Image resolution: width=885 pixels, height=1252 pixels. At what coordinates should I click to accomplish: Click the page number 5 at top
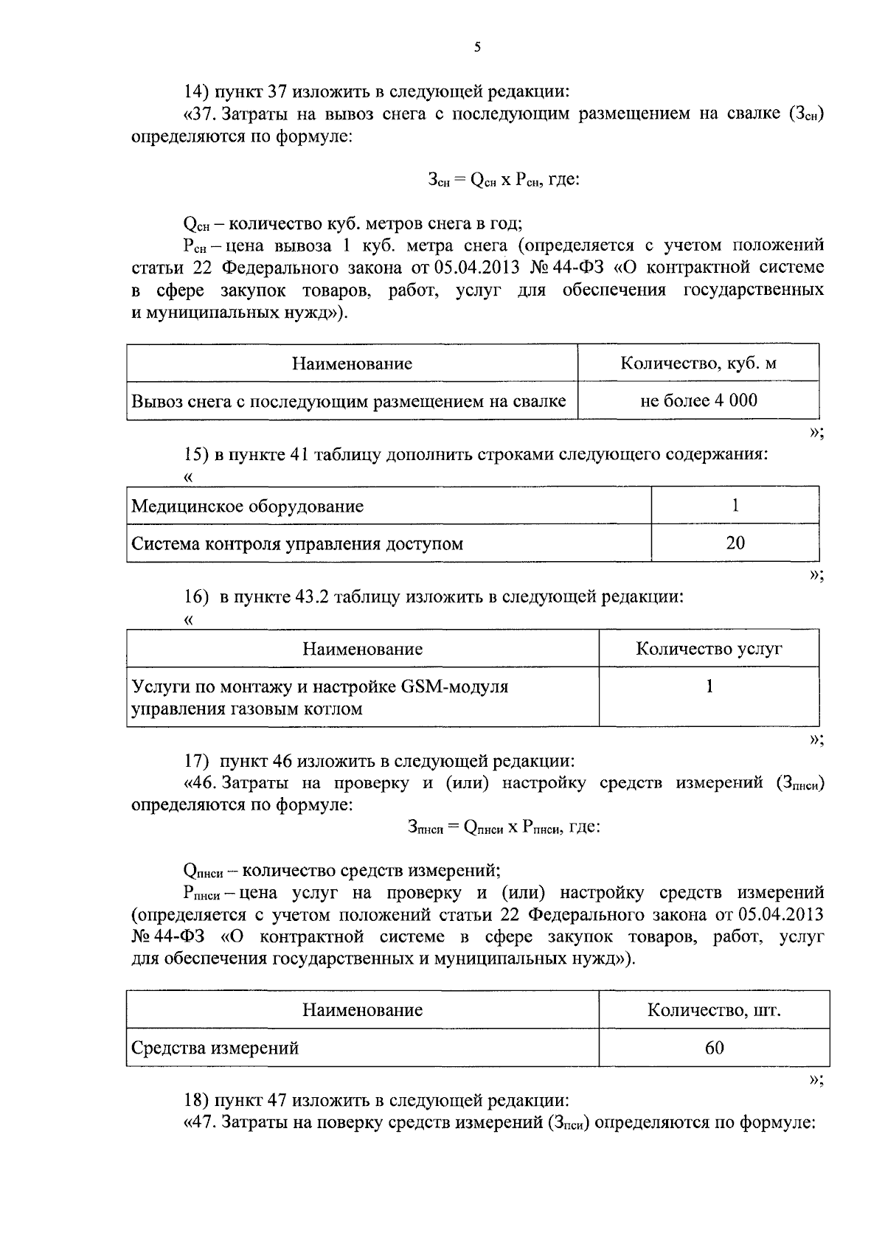click(477, 47)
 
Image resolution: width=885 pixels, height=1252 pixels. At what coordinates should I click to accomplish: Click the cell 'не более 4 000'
click(698, 400)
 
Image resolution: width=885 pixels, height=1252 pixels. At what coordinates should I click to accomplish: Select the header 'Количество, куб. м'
click(698, 363)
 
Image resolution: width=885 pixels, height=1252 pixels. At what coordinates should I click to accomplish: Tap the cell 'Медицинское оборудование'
click(247, 507)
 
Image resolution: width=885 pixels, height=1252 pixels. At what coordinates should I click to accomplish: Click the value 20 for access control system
click(735, 543)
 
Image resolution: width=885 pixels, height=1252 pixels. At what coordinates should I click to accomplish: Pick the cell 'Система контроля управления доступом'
click(297, 544)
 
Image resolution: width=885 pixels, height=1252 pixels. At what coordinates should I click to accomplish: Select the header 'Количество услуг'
click(709, 649)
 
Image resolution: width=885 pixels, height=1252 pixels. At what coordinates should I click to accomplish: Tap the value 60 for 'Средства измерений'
click(714, 1047)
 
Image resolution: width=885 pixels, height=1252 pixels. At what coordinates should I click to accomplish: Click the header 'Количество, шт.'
click(714, 1009)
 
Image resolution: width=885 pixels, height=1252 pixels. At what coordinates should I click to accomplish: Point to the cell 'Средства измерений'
click(215, 1048)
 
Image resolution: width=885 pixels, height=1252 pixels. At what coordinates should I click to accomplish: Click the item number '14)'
click(197, 92)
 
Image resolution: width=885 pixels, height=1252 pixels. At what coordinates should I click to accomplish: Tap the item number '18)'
click(197, 1101)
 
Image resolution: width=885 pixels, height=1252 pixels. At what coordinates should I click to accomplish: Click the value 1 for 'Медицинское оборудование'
click(735, 505)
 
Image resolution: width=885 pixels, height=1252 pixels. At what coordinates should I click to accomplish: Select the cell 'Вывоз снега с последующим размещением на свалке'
click(349, 401)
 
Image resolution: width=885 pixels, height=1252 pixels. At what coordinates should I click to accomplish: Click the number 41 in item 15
click(299, 454)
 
